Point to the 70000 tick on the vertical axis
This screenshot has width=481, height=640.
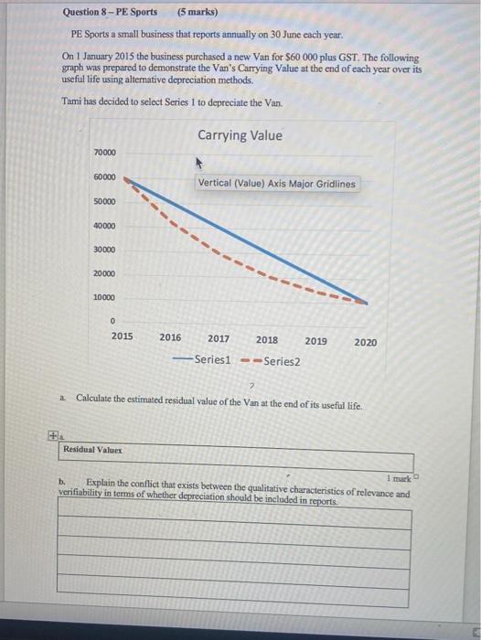(x=104, y=152)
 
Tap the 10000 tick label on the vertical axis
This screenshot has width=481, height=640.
(x=104, y=298)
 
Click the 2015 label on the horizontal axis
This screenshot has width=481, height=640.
(x=122, y=337)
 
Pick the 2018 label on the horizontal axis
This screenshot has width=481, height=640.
(x=267, y=340)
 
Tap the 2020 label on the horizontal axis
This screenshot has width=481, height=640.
(x=365, y=342)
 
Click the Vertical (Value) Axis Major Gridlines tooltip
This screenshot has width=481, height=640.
(x=277, y=184)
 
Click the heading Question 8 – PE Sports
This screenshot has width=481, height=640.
(x=110, y=13)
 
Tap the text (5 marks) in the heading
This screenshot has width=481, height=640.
(x=198, y=13)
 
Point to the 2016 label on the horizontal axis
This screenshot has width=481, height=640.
(x=170, y=338)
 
